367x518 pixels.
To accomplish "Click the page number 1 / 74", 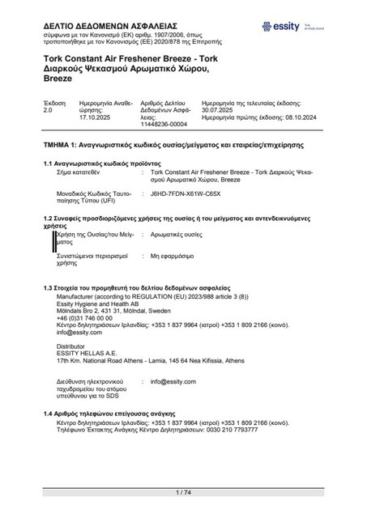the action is pyautogui.click(x=183, y=493).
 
